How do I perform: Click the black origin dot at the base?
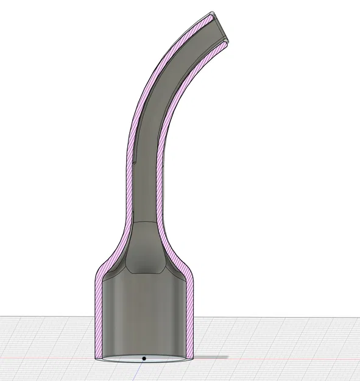click(144, 358)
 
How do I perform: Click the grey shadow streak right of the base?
click(210, 357)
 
